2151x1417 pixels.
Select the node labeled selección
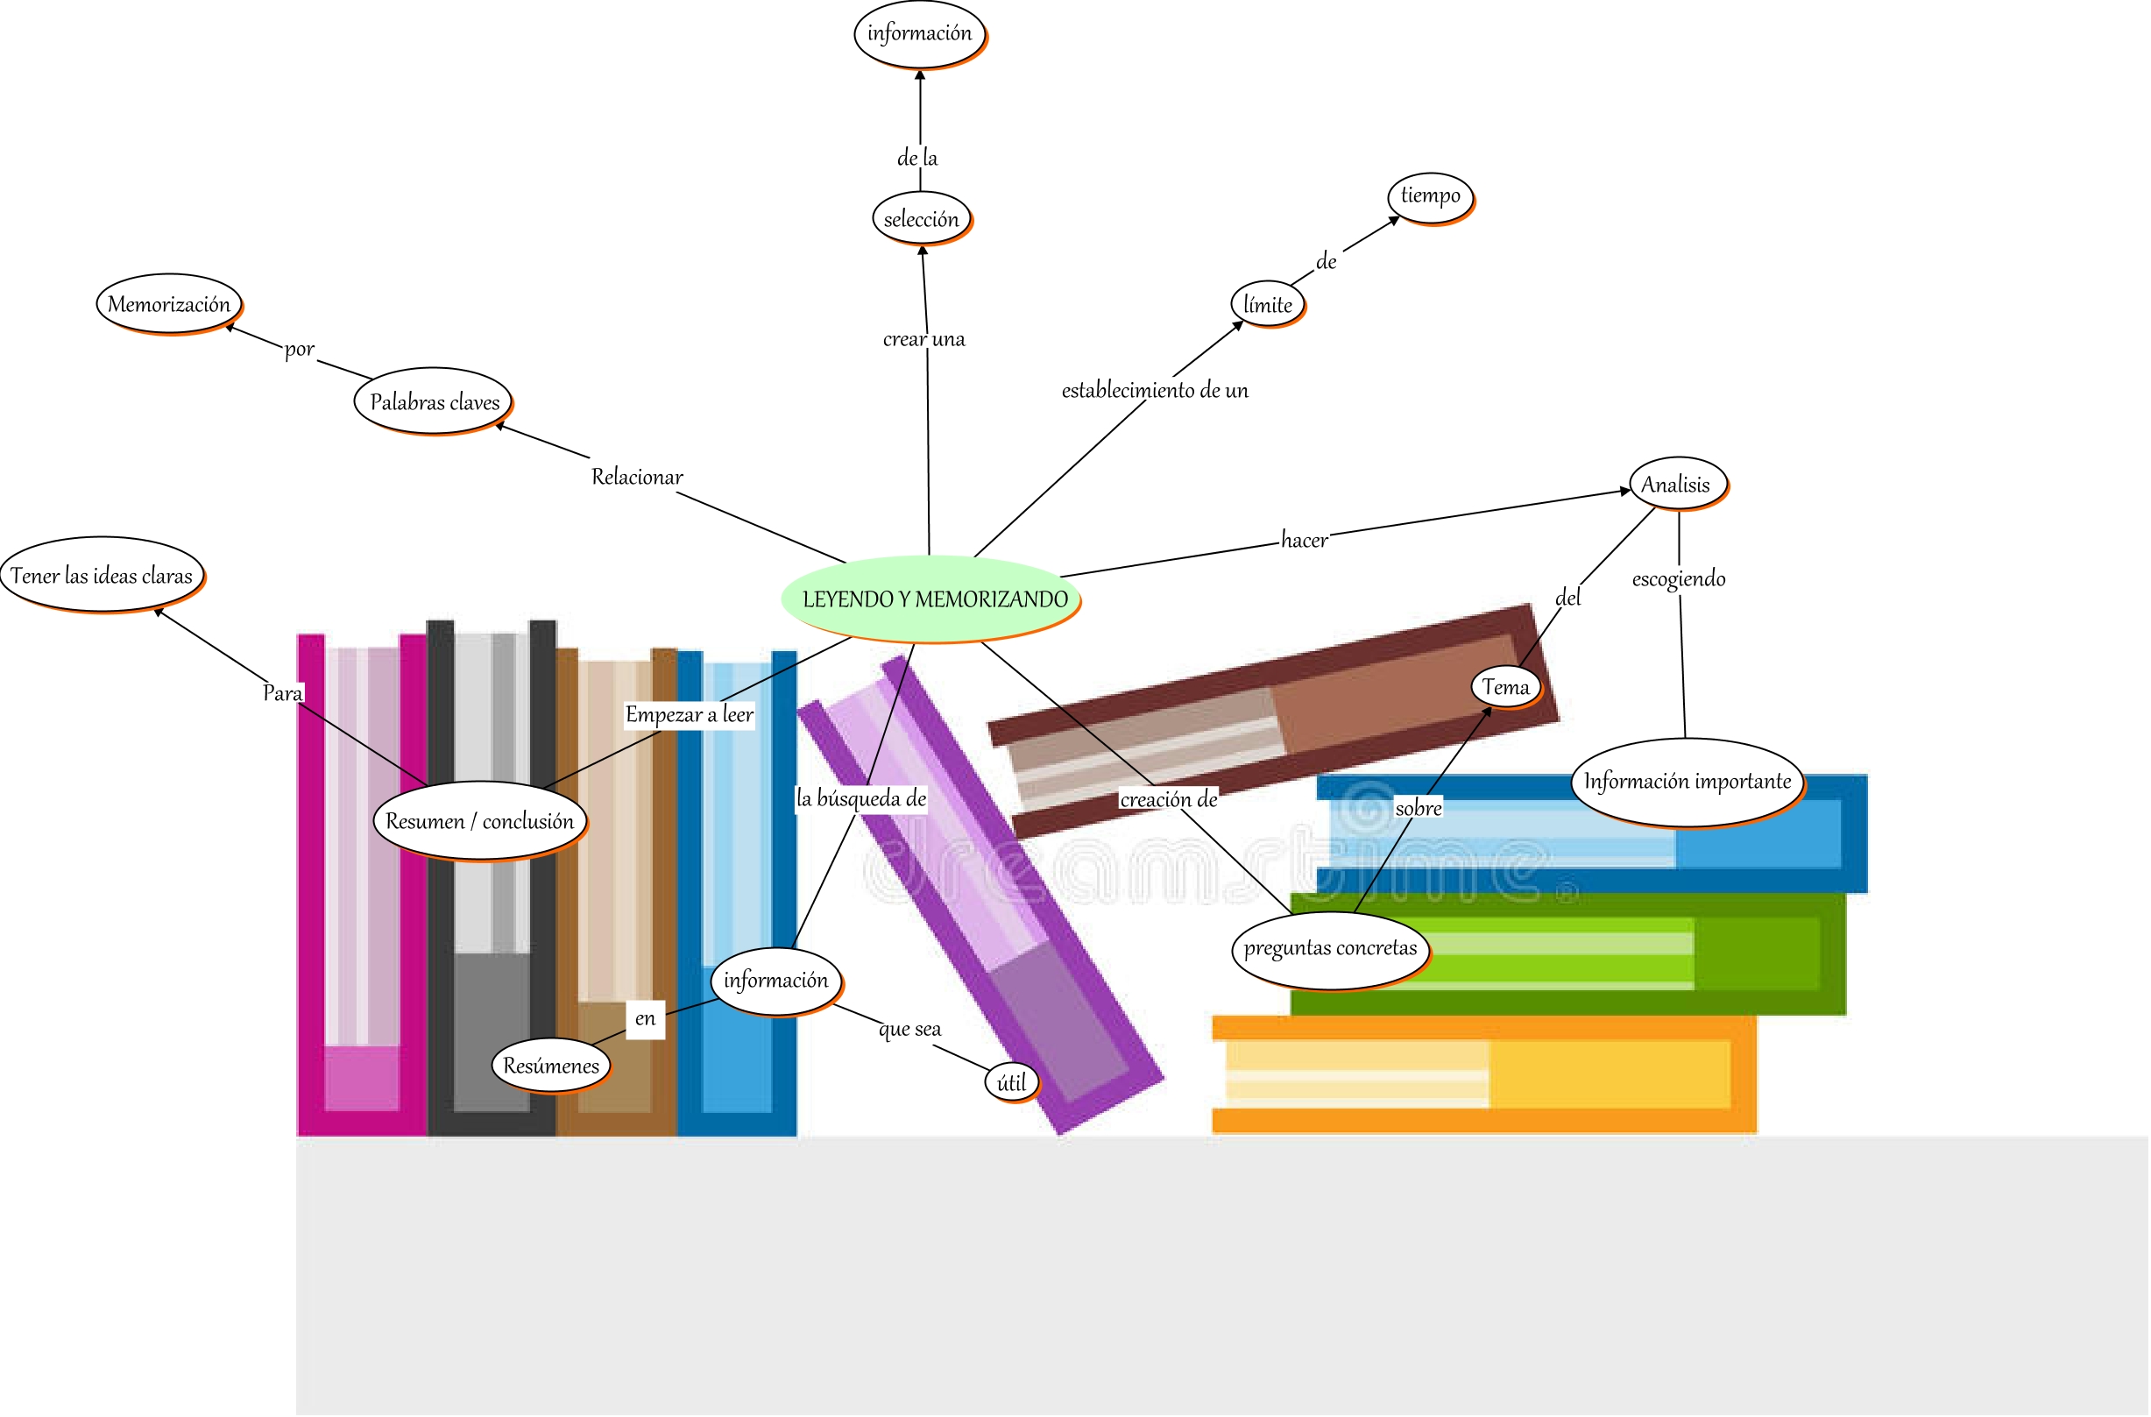[921, 219]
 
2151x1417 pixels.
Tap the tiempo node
[1430, 196]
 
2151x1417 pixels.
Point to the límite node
[1267, 305]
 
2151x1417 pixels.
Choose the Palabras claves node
[434, 401]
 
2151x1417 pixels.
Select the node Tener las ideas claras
[102, 576]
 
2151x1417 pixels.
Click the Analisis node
[1676, 485]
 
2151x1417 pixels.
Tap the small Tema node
[1505, 687]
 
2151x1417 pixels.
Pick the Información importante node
[1687, 782]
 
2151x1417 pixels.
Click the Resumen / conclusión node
[479, 820]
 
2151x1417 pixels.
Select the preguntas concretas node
[1330, 948]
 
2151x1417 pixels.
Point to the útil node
[1011, 1082]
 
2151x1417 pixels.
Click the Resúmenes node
[550, 1066]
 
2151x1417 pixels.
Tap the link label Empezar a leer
[689, 715]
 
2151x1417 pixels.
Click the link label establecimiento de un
[1154, 391]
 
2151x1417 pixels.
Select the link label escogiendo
[1679, 578]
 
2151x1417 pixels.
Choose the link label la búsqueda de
[861, 799]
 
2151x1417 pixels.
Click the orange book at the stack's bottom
[1482, 1075]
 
